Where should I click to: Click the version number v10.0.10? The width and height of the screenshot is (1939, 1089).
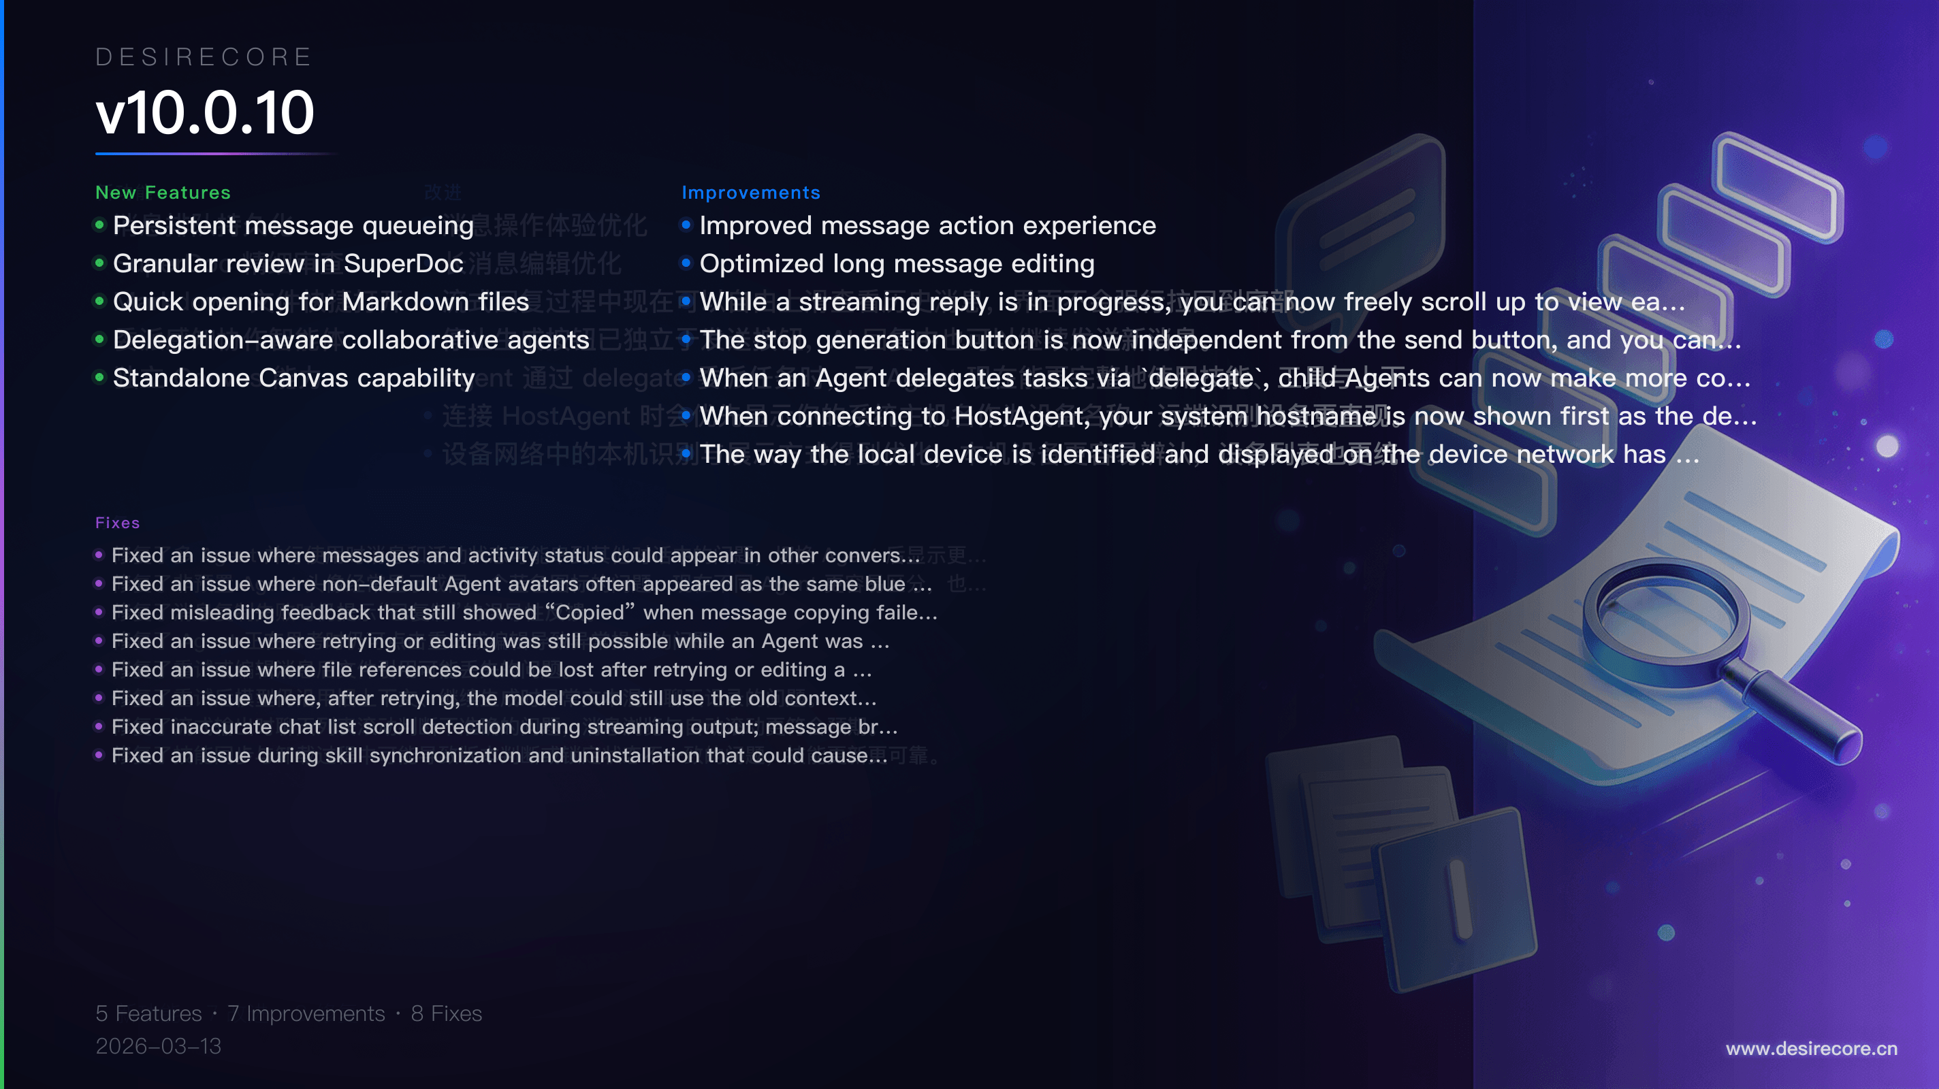205,113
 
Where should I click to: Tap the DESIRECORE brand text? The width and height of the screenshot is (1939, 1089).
204,57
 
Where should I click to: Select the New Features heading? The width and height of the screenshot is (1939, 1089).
163,193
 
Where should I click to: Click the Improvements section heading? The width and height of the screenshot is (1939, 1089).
750,193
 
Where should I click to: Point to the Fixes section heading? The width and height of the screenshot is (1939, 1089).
117,523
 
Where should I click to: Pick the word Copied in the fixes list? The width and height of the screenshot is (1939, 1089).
590,613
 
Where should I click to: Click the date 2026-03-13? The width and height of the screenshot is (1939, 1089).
158,1046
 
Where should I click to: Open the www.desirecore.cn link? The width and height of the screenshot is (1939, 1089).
1811,1048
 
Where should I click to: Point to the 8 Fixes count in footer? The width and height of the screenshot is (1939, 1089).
447,1013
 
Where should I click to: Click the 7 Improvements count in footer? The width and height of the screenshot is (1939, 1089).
306,1013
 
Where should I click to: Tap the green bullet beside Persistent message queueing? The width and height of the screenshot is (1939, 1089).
99,225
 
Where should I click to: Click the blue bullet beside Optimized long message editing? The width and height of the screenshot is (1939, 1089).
686,263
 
